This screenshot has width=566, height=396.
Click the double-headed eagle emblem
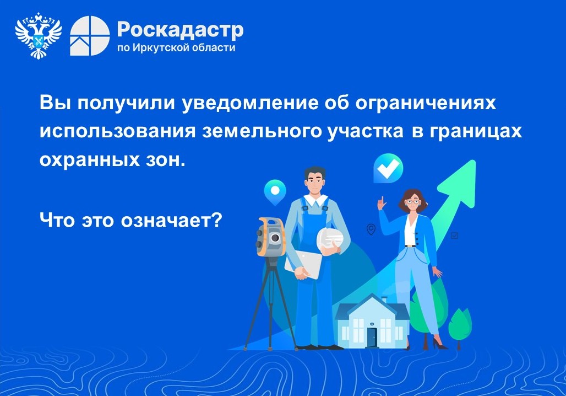[38, 35]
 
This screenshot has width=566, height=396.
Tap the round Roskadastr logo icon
[90, 36]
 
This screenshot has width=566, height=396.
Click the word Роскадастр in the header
[180, 30]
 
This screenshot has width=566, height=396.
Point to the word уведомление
[250, 103]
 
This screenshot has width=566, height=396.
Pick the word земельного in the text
[262, 131]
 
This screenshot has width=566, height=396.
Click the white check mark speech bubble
[388, 168]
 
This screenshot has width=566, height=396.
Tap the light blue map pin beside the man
[275, 192]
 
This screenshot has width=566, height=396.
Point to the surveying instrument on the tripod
[270, 237]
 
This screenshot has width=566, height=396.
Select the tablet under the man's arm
[303, 264]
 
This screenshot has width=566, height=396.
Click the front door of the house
[372, 337]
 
